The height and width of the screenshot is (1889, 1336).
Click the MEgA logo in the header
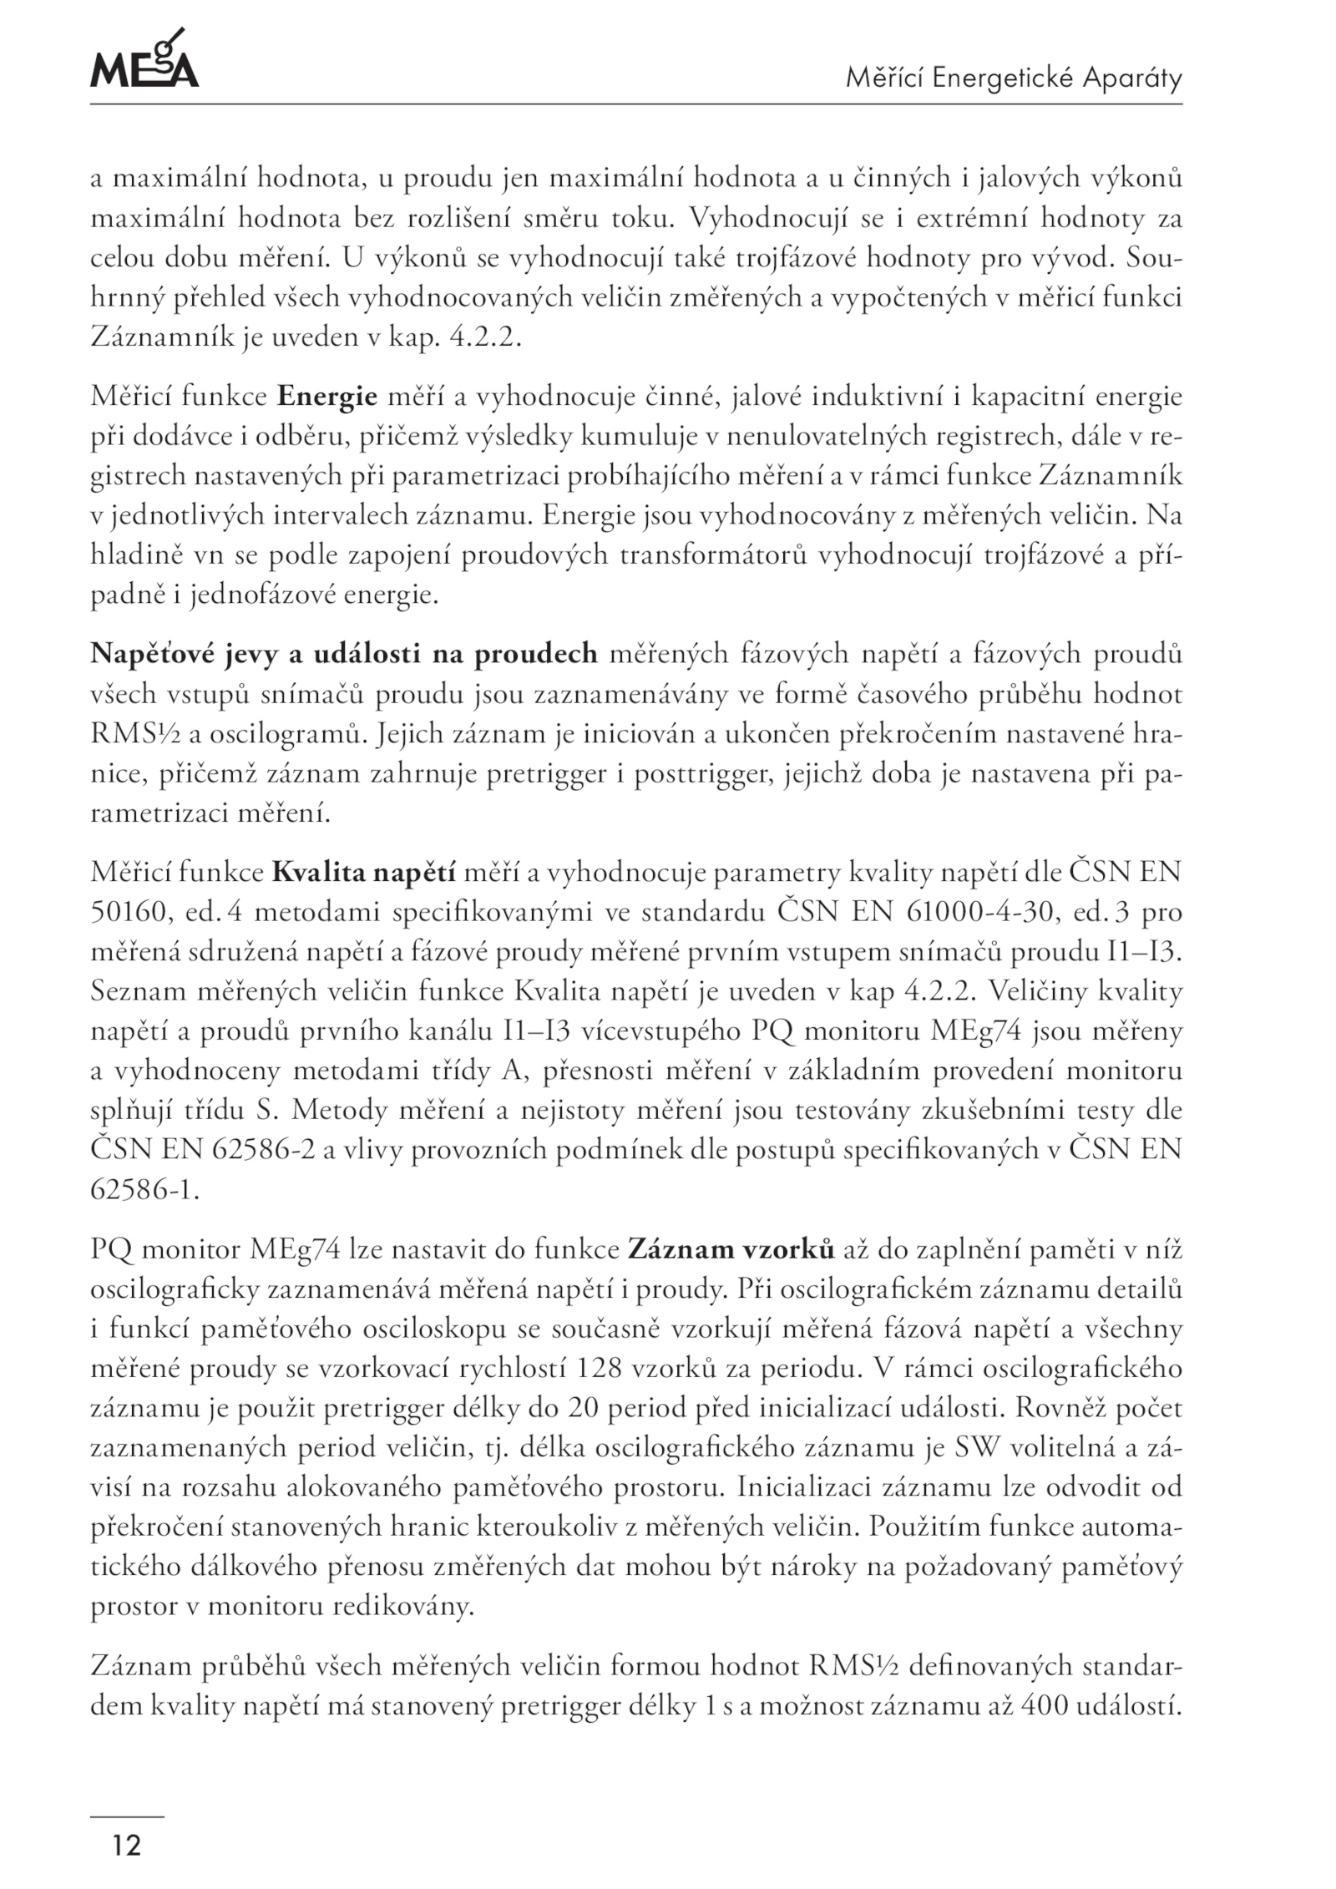point(144,60)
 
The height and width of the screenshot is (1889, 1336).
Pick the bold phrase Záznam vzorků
point(731,1250)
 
